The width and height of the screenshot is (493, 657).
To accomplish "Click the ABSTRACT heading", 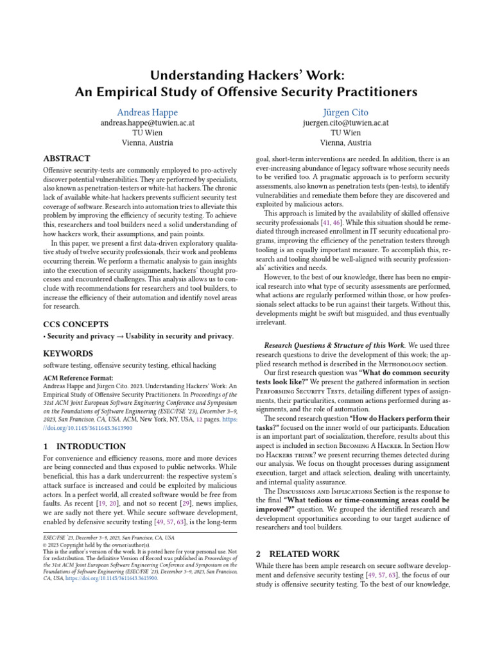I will (66, 158).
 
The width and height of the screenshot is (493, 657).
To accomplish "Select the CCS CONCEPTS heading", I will (76, 324).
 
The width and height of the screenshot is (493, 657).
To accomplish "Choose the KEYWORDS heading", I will (67, 354).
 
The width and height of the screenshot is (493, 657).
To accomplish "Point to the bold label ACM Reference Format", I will (78, 378).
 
